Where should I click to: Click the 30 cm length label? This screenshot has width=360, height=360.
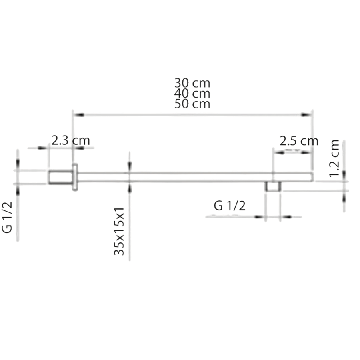pyautogui.click(x=192, y=83)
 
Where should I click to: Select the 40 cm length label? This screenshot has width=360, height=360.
pyautogui.click(x=192, y=94)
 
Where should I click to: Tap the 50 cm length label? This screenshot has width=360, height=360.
pyautogui.click(x=192, y=104)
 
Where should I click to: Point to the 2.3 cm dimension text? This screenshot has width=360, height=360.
pyautogui.click(x=70, y=140)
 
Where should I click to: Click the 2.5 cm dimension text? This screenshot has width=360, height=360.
pyautogui.click(x=299, y=141)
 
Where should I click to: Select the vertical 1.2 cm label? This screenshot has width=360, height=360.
pyautogui.click(x=334, y=158)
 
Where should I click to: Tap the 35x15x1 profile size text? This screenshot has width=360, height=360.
pyautogui.click(x=119, y=231)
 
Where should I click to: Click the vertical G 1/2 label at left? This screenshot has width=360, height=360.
pyautogui.click(x=7, y=218)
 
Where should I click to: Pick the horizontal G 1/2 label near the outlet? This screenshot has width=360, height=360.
pyautogui.click(x=230, y=206)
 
